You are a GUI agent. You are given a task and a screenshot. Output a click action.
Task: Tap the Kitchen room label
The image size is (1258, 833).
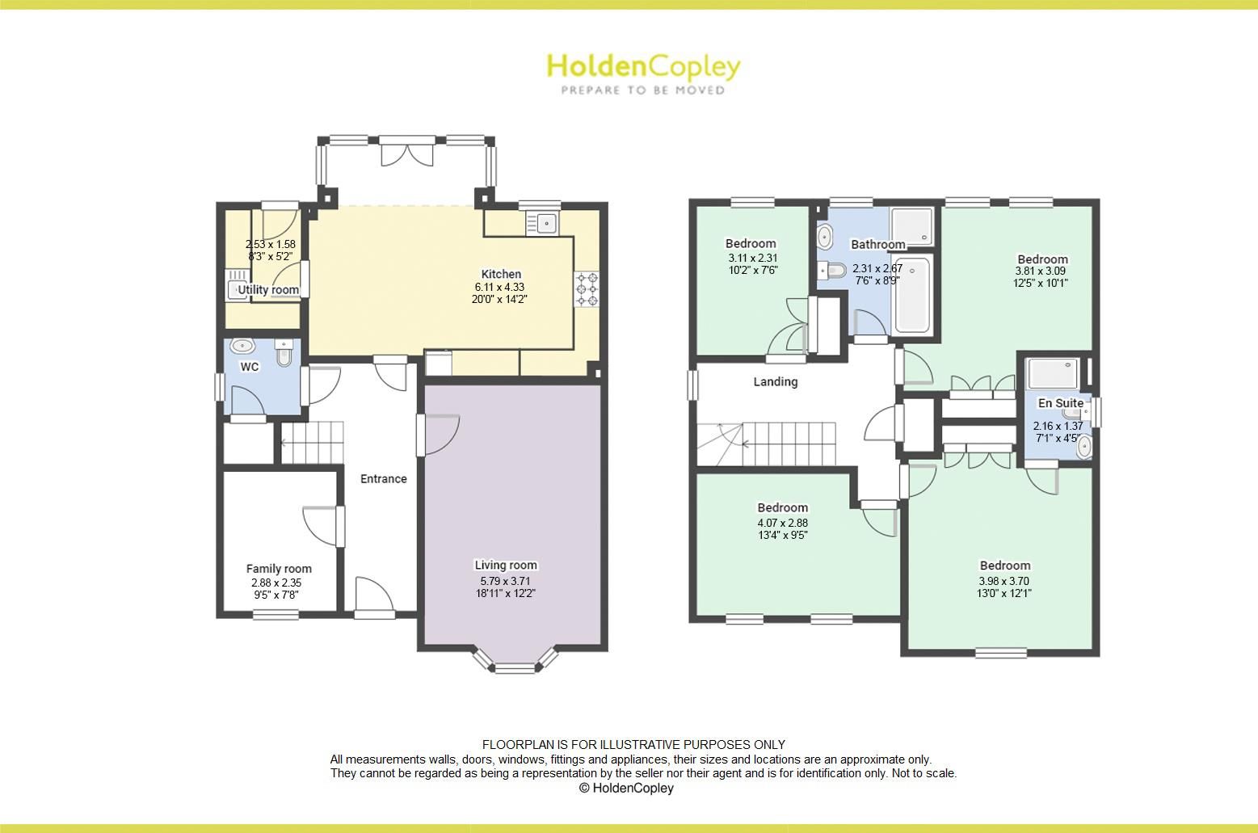coord(501,274)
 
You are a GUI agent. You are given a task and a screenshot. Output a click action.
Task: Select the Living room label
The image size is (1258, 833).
coord(506,565)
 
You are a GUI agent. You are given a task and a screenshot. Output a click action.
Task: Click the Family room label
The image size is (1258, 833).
coord(279,569)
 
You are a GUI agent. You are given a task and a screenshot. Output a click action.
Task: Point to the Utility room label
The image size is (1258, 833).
coord(268,290)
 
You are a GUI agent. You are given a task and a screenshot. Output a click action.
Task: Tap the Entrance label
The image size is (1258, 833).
coord(383,478)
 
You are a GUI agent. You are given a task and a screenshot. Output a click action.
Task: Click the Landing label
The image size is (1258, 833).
coord(776,381)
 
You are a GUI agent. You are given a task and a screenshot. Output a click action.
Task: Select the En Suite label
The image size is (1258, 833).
coord(1061,403)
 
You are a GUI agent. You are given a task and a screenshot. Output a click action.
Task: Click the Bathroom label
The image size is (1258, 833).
coord(877,244)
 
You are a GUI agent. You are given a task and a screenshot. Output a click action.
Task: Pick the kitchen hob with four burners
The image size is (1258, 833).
coord(587,289)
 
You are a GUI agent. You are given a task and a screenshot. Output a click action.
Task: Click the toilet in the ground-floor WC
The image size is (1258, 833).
coord(284,353)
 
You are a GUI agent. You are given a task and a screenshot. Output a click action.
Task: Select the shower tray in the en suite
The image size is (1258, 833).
coord(1052,372)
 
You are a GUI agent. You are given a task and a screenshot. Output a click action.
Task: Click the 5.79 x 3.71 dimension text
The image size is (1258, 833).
coord(506,581)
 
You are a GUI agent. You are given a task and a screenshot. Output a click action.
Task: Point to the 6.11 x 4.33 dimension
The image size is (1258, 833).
coord(501,287)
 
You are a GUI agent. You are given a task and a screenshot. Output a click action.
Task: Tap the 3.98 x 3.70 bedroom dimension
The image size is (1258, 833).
coord(1005,581)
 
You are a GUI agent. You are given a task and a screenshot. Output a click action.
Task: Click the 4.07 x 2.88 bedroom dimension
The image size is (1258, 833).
coord(782,523)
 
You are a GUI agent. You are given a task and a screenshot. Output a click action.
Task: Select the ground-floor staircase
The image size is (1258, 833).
coord(313,443)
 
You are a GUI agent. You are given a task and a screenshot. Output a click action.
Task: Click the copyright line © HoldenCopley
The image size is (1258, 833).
coord(626,788)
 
